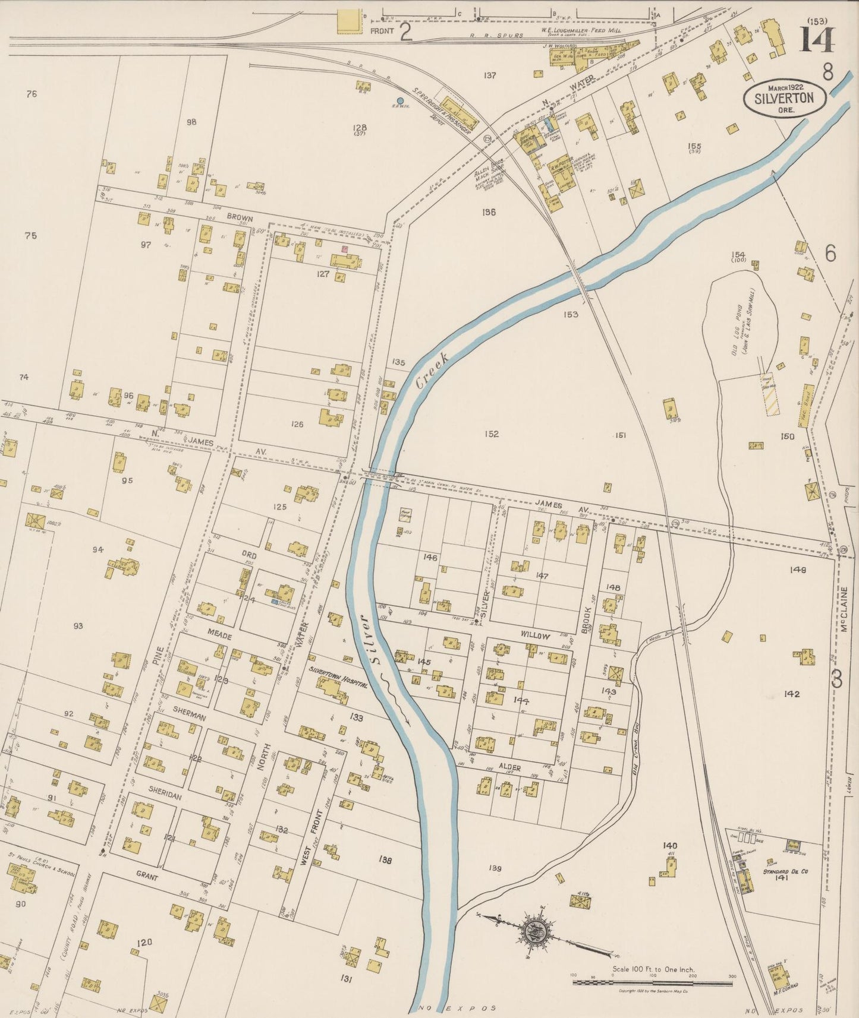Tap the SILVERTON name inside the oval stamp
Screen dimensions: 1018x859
pos(784,99)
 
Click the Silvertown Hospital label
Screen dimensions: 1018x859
pos(337,676)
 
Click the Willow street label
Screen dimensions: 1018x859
pos(535,636)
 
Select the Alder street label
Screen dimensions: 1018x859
pos(509,768)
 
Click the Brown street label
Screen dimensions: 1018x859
pos(240,218)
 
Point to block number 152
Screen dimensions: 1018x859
pos(491,434)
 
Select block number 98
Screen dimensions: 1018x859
pos(191,122)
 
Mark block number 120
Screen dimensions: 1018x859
pos(144,942)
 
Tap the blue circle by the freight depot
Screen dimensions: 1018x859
pos(400,100)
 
